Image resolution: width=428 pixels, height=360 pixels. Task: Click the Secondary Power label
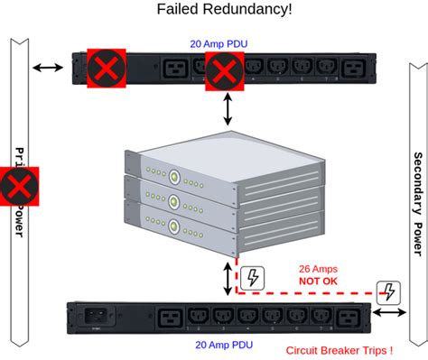coord(415,194)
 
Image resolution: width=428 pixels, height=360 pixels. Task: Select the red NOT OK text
coord(319,282)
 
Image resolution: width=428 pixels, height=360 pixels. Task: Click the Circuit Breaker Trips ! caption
coord(338,350)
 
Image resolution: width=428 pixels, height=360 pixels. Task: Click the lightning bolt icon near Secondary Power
coord(388,291)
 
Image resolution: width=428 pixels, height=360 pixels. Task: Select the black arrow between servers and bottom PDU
coord(228,279)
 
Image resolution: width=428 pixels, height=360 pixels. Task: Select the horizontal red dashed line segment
coord(307,293)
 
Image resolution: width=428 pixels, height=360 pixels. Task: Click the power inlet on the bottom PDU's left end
coord(97,317)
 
